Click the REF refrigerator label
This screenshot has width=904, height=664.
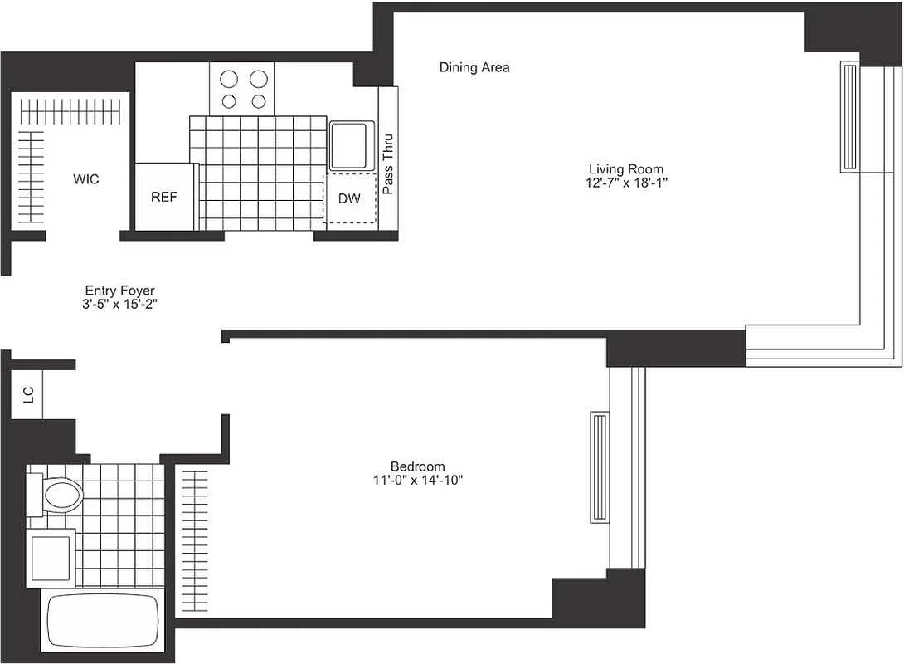[163, 198]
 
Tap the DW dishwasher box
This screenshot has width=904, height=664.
[349, 198]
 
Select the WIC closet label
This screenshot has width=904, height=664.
[86, 178]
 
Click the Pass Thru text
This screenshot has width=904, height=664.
[388, 164]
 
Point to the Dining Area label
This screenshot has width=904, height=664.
[474, 67]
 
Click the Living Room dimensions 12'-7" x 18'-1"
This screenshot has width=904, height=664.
[626, 183]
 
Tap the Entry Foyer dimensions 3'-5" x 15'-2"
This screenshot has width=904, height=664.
[120, 304]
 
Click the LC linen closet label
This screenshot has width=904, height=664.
[28, 396]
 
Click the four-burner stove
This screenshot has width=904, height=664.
[241, 90]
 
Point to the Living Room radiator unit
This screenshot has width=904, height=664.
[850, 117]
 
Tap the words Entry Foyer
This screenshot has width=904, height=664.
[120, 290]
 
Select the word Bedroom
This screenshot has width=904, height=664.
[417, 466]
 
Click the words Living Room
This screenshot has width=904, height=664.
[626, 169]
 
